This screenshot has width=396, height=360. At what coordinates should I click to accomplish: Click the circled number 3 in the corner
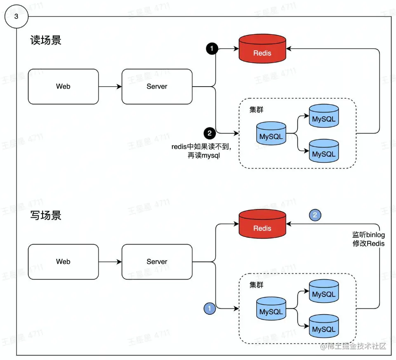click(x=16, y=16)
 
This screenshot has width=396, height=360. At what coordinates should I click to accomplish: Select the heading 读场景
click(x=46, y=40)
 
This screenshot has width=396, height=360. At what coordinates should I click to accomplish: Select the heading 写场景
click(x=46, y=215)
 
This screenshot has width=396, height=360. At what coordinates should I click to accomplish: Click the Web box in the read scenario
click(x=63, y=87)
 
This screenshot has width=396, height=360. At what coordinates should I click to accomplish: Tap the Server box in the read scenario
click(x=157, y=87)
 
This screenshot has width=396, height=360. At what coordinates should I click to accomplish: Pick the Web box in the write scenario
click(x=63, y=261)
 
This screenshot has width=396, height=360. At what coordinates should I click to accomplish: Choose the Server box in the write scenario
click(x=157, y=261)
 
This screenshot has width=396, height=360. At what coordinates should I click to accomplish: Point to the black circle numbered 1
click(x=212, y=49)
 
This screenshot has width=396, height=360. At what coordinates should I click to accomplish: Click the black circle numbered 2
click(x=210, y=133)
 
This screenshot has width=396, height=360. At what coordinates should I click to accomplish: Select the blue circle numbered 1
click(x=210, y=308)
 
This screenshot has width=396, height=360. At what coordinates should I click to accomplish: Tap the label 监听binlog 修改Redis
click(x=368, y=239)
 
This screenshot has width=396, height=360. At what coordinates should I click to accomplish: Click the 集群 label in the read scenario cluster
click(x=256, y=110)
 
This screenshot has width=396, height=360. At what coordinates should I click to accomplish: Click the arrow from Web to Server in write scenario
click(x=110, y=261)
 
